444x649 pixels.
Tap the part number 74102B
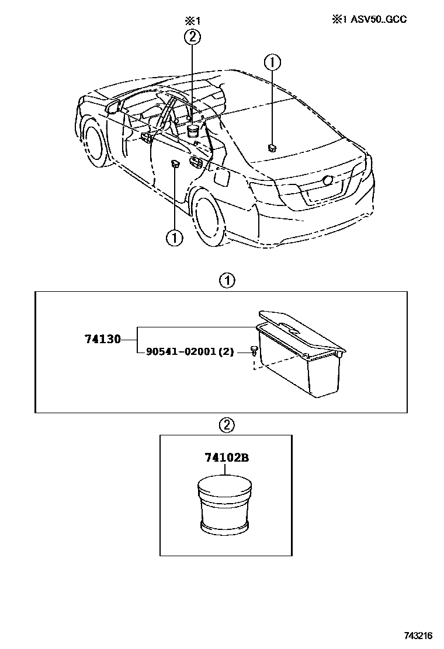[x=226, y=458]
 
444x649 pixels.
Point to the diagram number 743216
[x=419, y=634]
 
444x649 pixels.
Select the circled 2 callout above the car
[x=192, y=37]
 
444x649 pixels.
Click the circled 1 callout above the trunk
[x=272, y=61]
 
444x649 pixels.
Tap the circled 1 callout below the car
[x=174, y=238]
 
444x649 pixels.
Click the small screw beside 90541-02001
[x=255, y=351]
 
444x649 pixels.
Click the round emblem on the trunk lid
[x=329, y=181]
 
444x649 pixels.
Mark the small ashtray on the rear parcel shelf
[x=272, y=147]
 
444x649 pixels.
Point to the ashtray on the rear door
[x=175, y=165]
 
